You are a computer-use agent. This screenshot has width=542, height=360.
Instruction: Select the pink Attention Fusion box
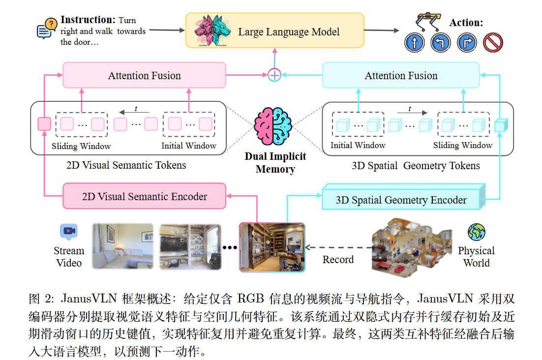(x=144, y=76)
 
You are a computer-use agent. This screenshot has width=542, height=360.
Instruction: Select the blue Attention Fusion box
(x=400, y=76)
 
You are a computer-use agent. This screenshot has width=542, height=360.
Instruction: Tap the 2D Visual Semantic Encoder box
(x=144, y=197)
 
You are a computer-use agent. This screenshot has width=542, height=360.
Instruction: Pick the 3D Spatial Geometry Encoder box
(x=401, y=200)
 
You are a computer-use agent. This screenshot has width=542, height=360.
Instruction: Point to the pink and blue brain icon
(x=273, y=126)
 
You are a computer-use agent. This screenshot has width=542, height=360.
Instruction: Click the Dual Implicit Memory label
(x=275, y=163)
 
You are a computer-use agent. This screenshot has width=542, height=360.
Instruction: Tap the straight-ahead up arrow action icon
(x=414, y=43)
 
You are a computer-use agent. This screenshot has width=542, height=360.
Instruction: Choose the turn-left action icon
(x=440, y=43)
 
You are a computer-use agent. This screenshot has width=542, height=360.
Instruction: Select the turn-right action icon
(x=466, y=43)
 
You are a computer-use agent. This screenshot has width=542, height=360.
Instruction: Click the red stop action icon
(x=492, y=43)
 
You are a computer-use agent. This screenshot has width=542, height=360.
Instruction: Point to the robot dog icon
(x=426, y=21)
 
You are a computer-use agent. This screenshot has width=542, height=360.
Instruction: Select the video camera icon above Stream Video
(x=69, y=231)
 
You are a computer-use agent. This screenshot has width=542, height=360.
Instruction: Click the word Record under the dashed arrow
(x=338, y=259)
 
